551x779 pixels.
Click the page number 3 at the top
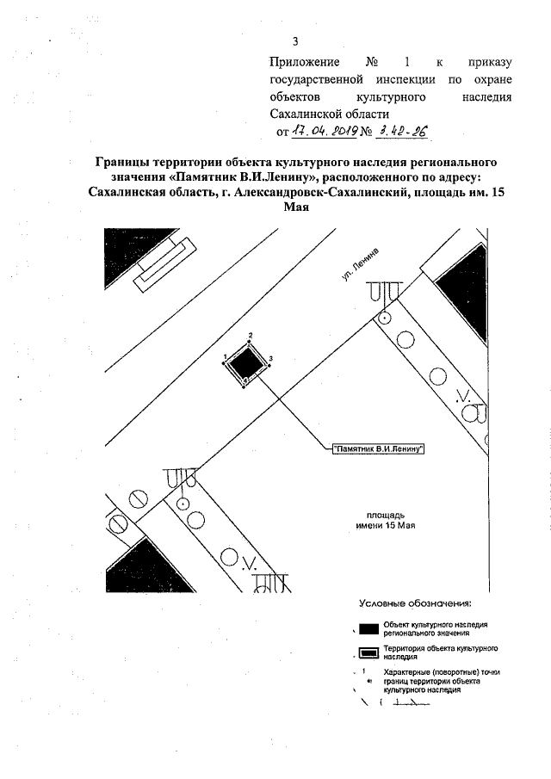coord(295,40)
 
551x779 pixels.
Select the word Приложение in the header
coord(305,63)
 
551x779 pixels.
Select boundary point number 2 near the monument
coord(250,335)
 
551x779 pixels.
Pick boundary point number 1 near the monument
coord(224,355)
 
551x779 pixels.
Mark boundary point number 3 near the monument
coord(271,357)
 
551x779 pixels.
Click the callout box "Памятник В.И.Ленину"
coord(380,448)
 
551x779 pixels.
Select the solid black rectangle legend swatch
coord(368,628)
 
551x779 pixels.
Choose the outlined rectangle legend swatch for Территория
coord(368,652)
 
